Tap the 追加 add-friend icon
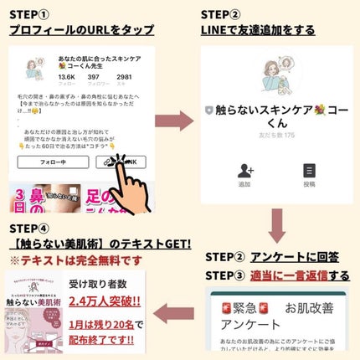tap(244, 176)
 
